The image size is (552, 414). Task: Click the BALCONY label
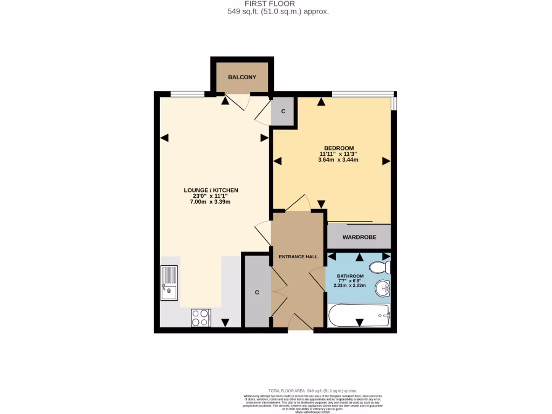(242, 77)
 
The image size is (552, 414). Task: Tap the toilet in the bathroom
(379, 267)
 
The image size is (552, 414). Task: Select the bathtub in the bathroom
(358, 315)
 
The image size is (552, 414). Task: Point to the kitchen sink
(169, 284)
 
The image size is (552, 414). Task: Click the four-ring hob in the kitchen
(201, 318)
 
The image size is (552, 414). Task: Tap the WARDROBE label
(359, 237)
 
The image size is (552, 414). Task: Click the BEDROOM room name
(339, 148)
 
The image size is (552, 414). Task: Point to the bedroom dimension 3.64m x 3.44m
(339, 160)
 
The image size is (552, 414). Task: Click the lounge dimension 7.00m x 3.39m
(211, 202)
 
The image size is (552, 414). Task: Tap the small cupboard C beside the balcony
(283, 112)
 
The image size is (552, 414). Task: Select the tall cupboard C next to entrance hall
(257, 292)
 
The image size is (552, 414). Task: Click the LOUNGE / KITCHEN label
(211, 190)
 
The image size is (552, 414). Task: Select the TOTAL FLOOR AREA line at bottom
(313, 391)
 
